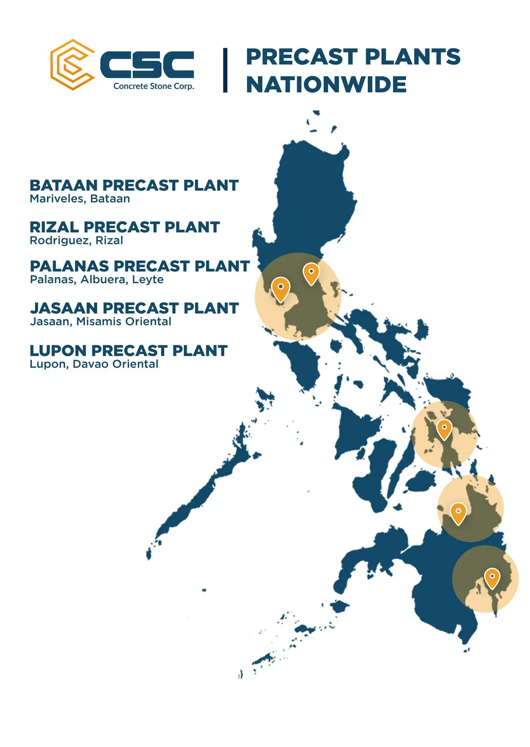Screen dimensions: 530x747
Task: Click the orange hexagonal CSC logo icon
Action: pyautogui.click(x=72, y=65)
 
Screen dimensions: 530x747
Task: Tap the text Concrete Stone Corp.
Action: pyautogui.click(x=154, y=86)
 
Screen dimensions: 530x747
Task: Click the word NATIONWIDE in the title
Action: pyautogui.click(x=326, y=84)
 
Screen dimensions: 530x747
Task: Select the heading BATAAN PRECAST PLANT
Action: pyautogui.click(x=134, y=185)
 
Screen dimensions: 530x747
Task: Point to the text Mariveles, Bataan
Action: pyautogui.click(x=80, y=199)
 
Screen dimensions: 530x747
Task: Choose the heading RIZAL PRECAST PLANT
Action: pyautogui.click(x=125, y=227)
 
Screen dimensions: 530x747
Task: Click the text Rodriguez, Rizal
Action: pyautogui.click(x=76, y=240)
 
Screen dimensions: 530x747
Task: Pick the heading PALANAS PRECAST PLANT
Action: pyautogui.click(x=140, y=266)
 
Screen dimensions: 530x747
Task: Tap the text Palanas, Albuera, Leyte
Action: pyautogui.click(x=97, y=280)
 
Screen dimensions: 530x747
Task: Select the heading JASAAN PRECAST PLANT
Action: pyautogui.click(x=134, y=308)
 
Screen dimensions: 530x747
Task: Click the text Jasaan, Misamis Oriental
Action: pyautogui.click(x=101, y=322)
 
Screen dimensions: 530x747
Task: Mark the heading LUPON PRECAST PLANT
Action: pyautogui.click(x=128, y=351)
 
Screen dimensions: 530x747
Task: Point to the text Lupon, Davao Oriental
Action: pyautogui.click(x=94, y=364)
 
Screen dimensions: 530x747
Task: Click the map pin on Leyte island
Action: pyautogui.click(x=444, y=429)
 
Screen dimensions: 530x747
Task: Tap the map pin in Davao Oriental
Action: pyautogui.click(x=492, y=578)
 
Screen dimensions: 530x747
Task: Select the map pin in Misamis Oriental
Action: pyautogui.click(x=458, y=513)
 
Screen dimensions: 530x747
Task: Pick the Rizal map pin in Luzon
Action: pyautogui.click(x=311, y=274)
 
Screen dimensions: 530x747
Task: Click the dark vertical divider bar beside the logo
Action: pyautogui.click(x=225, y=70)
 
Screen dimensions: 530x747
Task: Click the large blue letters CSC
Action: pyautogui.click(x=147, y=65)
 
